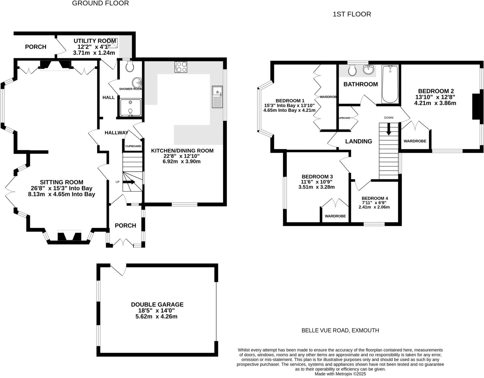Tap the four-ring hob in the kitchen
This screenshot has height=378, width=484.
181,67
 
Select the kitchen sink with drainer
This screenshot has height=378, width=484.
217,97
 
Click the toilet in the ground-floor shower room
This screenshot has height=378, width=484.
129,66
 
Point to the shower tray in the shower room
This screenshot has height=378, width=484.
131,107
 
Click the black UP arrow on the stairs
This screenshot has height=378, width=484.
129,182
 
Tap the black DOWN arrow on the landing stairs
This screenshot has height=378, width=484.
389,129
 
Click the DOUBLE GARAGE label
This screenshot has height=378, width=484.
157,304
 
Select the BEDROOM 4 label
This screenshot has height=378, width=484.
375,198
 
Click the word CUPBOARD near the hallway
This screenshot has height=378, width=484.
133,146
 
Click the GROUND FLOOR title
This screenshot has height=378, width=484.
100,3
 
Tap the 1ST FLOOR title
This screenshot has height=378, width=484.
352,14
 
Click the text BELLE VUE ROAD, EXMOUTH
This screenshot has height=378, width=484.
340,330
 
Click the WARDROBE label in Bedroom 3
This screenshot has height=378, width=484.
335,216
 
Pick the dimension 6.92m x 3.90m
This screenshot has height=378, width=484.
182,162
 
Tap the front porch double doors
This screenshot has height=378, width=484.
123,242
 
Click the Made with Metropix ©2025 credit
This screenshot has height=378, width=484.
340,374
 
